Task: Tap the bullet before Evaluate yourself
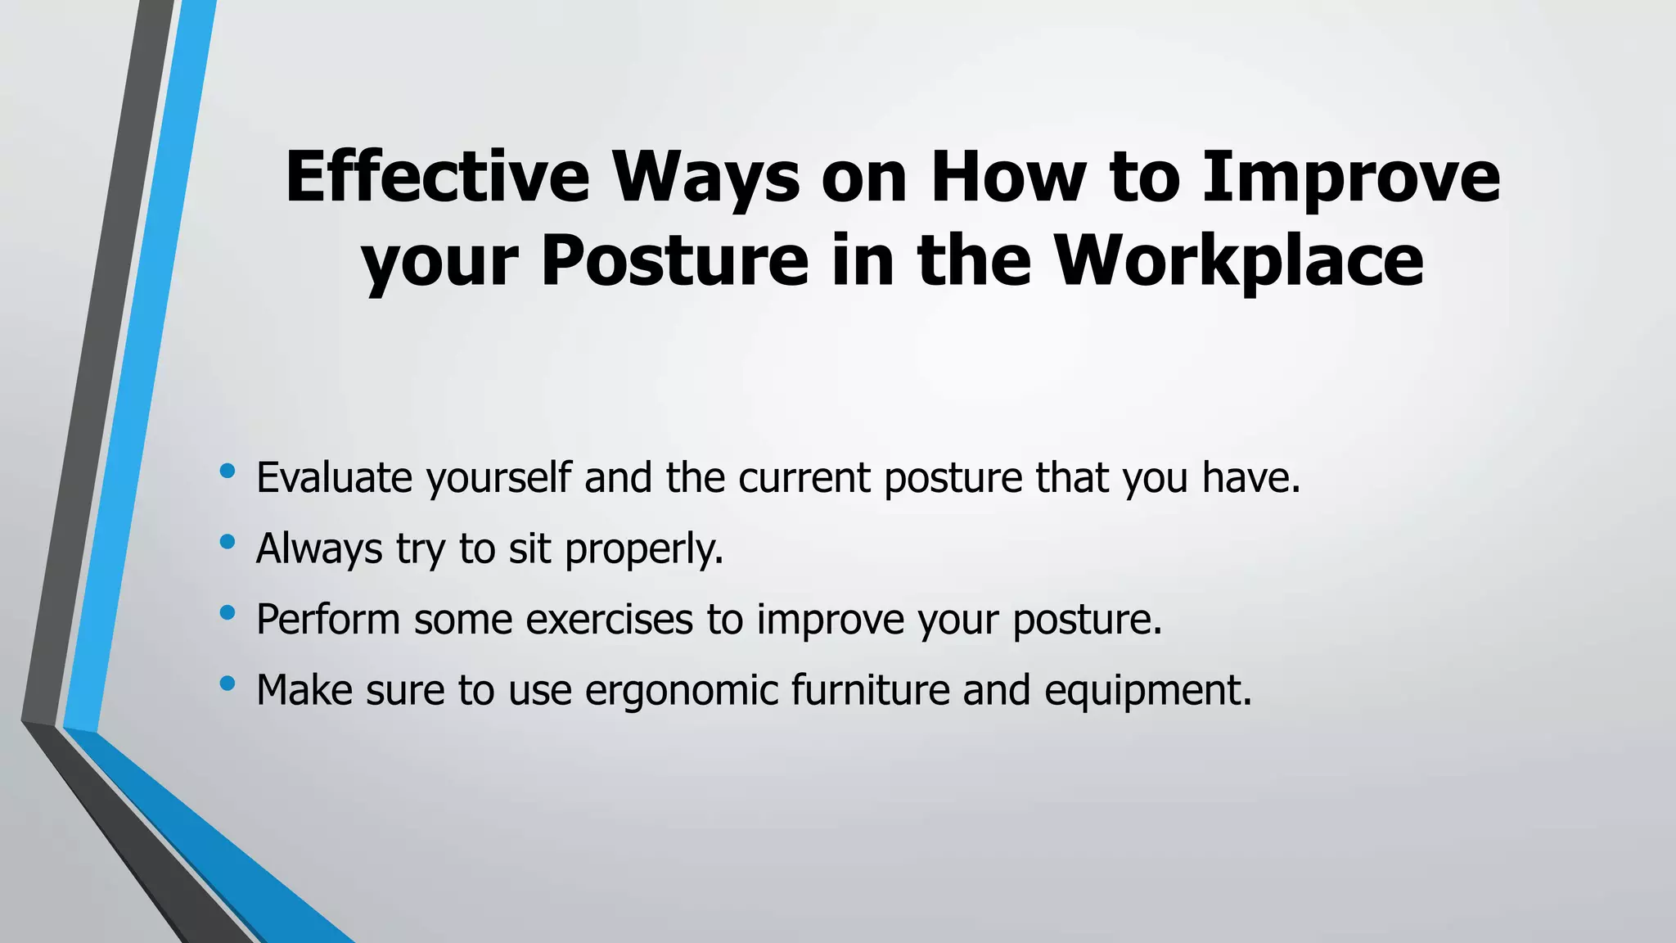click(228, 471)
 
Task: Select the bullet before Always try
click(228, 542)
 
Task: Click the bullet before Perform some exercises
click(228, 612)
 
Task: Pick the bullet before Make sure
click(228, 683)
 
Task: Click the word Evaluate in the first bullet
click(334, 478)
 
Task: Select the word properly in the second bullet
click(644, 548)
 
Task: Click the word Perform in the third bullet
click(327, 619)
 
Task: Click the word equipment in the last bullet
click(1147, 690)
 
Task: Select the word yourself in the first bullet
click(498, 478)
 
